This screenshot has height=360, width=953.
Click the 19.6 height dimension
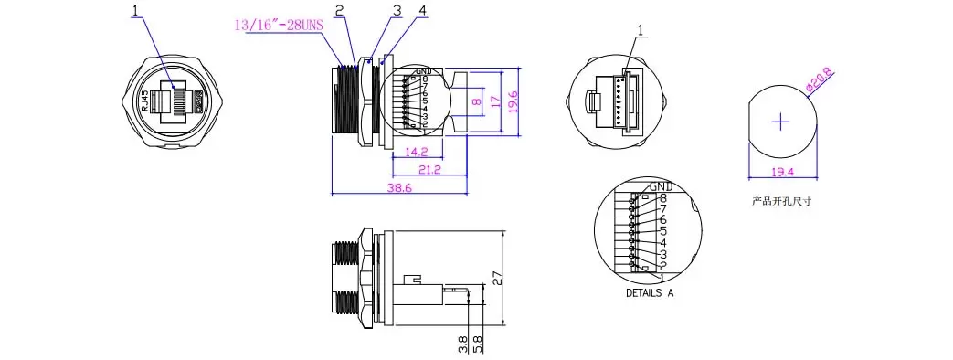[514, 100]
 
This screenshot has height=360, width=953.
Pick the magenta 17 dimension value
[494, 101]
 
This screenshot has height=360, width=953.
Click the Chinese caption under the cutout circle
[781, 201]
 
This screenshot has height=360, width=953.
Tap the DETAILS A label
[649, 293]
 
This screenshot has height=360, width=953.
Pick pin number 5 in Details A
[662, 231]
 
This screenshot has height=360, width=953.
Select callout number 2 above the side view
[339, 11]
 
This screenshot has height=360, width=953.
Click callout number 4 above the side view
[396, 11]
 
